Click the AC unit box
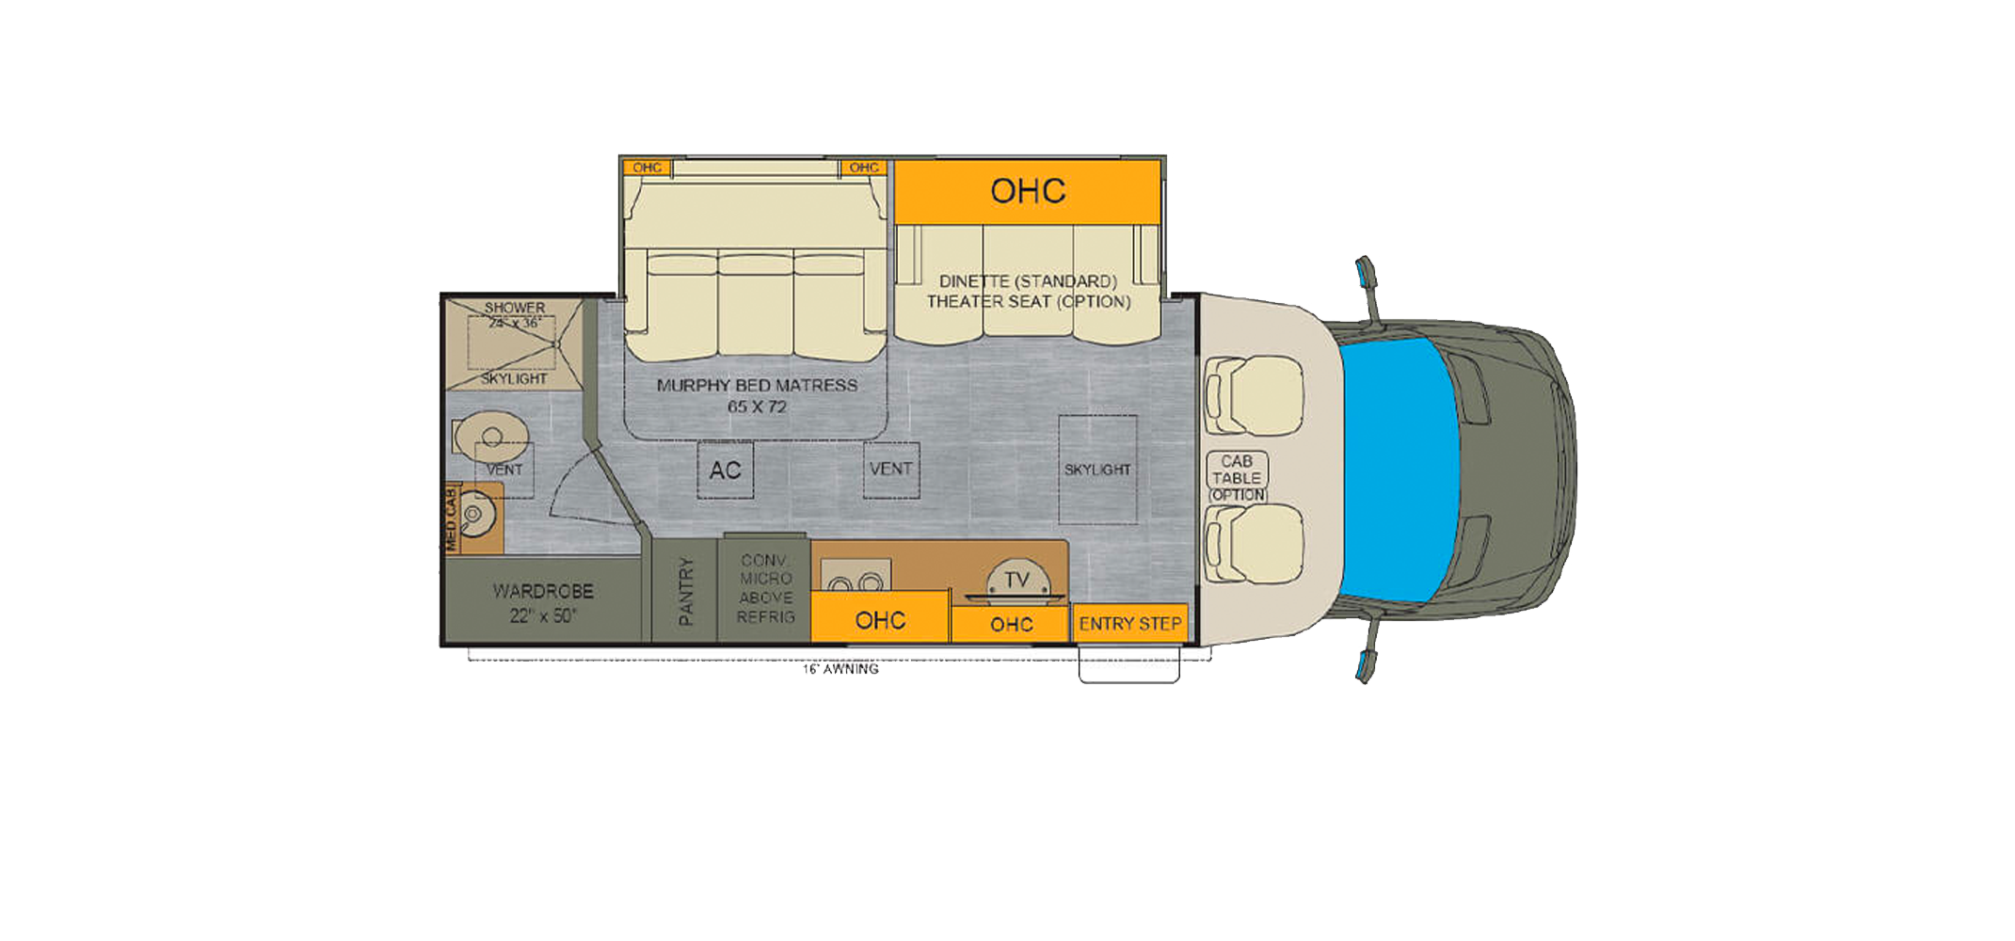click(x=725, y=470)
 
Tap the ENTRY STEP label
click(x=1129, y=624)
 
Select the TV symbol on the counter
click(x=1016, y=581)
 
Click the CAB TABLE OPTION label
click(x=1237, y=478)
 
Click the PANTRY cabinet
click(x=685, y=591)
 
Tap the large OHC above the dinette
click(x=1027, y=192)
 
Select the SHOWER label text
click(x=515, y=308)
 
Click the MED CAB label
click(x=451, y=519)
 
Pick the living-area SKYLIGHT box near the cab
click(x=1097, y=469)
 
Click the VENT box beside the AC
click(x=890, y=469)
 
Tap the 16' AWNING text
click(x=840, y=669)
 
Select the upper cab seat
click(x=1254, y=395)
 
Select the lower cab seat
click(x=1254, y=544)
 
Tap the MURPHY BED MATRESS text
click(x=757, y=386)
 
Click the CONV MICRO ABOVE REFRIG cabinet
click(x=765, y=589)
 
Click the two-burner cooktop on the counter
click(x=856, y=576)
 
